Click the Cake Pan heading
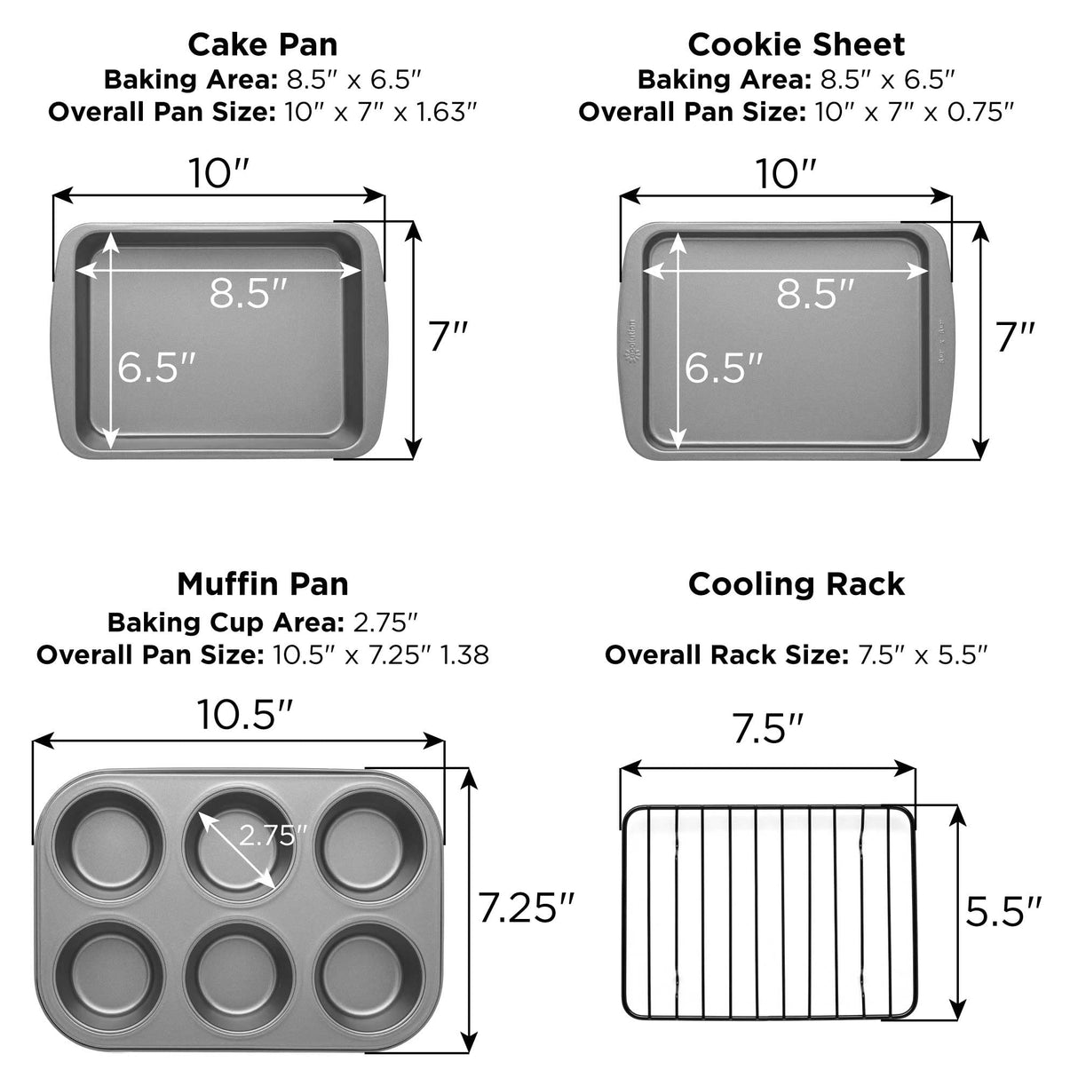[263, 44]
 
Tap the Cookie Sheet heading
[796, 44]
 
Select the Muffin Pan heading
[263, 584]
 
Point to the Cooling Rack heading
[796, 584]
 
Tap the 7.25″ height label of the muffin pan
[527, 908]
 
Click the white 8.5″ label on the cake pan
[249, 293]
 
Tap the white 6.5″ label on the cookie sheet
[724, 367]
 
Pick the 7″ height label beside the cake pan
[448, 336]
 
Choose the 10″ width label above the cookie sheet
[785, 174]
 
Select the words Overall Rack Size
[726, 655]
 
